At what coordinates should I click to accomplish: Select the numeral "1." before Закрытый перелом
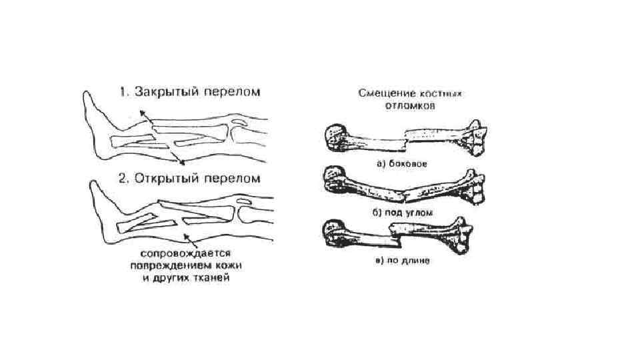tap(125, 92)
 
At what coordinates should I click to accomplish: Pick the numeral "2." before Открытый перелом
tap(125, 179)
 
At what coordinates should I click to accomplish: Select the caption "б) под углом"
tap(402, 213)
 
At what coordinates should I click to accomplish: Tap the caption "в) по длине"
tap(402, 261)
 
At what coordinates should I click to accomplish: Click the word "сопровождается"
tap(185, 253)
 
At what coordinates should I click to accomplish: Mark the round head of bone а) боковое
tap(333, 136)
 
